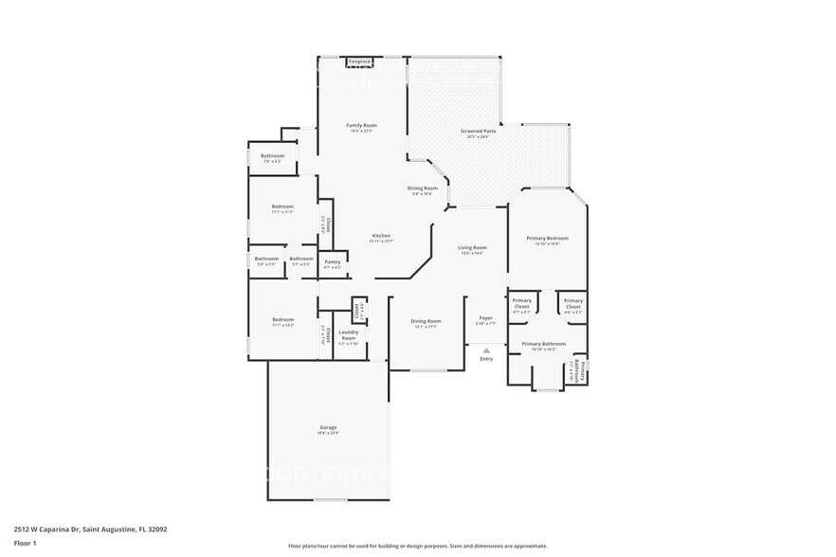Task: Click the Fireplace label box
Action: click(359, 62)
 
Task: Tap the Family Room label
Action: click(361, 126)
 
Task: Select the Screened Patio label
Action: click(478, 133)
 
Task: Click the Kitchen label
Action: click(381, 237)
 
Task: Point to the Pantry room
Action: click(333, 264)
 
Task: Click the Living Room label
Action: click(471, 249)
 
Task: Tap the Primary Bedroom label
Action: click(548, 240)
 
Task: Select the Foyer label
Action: click(485, 319)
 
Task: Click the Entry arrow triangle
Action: click(486, 350)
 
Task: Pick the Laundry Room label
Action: click(348, 335)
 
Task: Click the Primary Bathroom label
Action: click(544, 345)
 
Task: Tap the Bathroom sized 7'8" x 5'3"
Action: click(273, 157)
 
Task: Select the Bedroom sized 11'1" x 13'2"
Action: click(282, 322)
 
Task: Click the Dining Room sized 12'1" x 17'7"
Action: click(426, 323)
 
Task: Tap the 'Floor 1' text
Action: click(25, 543)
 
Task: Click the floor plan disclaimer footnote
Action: click(417, 546)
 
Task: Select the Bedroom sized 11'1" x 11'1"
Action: click(282, 208)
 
